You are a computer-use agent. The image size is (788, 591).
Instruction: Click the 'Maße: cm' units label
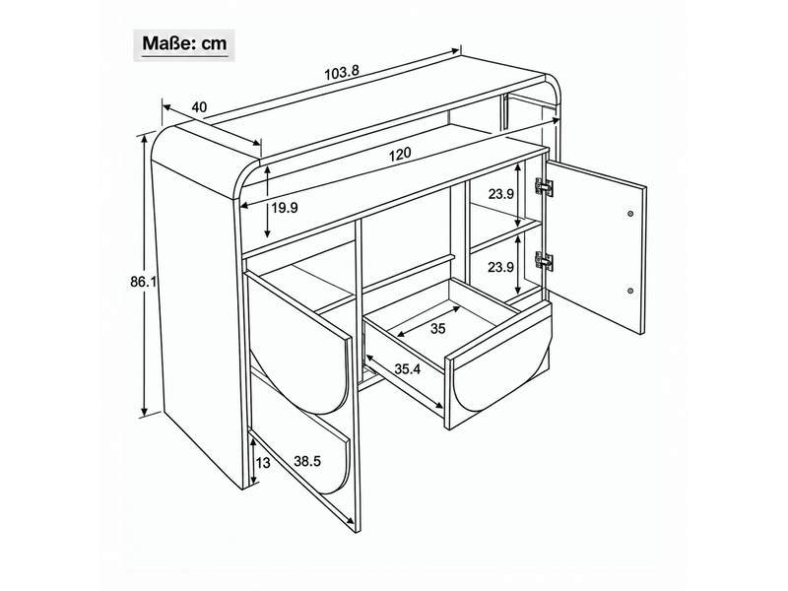pos(184,43)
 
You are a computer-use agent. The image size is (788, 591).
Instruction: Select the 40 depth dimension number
pos(200,107)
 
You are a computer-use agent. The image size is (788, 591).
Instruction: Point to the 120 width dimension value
pos(400,154)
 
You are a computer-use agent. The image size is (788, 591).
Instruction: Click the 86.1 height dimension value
pos(143,283)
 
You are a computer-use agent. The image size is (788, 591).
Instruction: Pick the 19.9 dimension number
pos(285,208)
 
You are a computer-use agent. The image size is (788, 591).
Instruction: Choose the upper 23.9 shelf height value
pos(500,194)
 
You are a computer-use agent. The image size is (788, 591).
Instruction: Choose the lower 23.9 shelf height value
pos(500,267)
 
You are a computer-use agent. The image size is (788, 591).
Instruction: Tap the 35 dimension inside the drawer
pos(438,329)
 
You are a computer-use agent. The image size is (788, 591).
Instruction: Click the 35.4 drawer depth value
pos(407,369)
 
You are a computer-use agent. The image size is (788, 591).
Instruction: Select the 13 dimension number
pos(263,462)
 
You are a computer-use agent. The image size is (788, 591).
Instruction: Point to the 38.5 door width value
pos(307,461)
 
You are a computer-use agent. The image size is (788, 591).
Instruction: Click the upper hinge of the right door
pos(544,187)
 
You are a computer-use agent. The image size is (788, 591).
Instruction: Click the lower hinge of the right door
pos(544,261)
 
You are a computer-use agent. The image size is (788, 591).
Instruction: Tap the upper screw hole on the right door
pos(630,214)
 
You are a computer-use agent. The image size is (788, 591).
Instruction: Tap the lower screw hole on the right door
pos(630,291)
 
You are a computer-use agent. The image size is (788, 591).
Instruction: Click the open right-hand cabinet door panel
pos(595,246)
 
